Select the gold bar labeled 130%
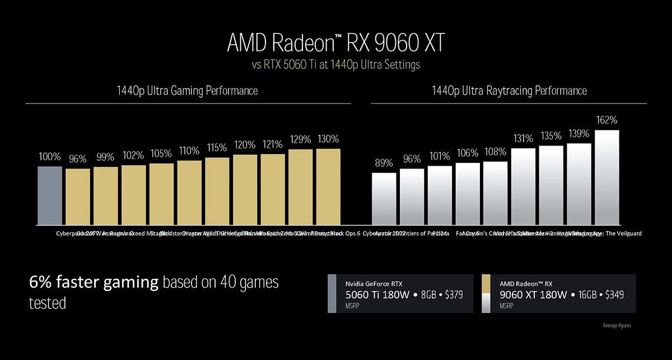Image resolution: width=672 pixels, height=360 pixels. (x=328, y=186)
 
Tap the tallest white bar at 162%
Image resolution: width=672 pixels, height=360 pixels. (x=607, y=177)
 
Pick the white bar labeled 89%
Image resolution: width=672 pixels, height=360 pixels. (x=384, y=199)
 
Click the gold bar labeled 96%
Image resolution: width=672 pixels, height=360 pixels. (x=78, y=197)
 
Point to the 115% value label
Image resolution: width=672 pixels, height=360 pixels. (x=217, y=148)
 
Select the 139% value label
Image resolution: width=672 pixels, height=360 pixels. (x=579, y=134)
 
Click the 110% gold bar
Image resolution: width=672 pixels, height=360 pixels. (x=189, y=193)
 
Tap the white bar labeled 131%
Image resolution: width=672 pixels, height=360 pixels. (x=524, y=186)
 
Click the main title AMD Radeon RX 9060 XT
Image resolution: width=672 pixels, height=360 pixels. (x=335, y=43)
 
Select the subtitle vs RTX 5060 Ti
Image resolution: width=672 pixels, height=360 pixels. (x=335, y=65)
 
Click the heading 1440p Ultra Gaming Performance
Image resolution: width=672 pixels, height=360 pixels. (x=188, y=91)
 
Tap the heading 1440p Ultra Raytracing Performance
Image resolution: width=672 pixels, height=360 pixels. (x=509, y=91)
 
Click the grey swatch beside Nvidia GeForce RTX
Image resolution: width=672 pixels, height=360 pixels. (x=332, y=293)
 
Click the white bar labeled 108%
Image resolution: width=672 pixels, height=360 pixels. (x=496, y=193)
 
